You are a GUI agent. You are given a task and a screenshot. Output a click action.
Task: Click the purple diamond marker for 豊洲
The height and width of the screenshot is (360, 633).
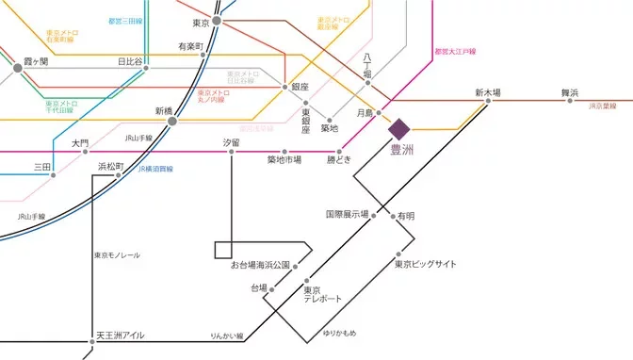pyautogui.click(x=397, y=127)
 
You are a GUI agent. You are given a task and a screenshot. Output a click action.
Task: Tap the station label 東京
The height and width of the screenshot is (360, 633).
pyautogui.click(x=200, y=23)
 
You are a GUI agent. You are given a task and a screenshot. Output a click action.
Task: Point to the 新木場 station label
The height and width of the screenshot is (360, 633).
pyautogui.click(x=487, y=92)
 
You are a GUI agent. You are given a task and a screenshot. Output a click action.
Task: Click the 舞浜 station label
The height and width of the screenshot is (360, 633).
pyautogui.click(x=571, y=92)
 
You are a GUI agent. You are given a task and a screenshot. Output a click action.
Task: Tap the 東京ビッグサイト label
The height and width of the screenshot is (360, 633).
pyautogui.click(x=425, y=265)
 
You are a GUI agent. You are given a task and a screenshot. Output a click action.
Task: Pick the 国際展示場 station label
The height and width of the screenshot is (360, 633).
pyautogui.click(x=347, y=215)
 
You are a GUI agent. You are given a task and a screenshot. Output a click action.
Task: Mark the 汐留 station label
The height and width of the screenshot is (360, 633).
pyautogui.click(x=231, y=142)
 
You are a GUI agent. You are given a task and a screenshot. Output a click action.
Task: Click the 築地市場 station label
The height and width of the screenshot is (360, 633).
pyautogui.click(x=284, y=160)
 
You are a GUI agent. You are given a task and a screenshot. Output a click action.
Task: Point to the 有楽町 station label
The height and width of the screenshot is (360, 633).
pyautogui.click(x=190, y=46)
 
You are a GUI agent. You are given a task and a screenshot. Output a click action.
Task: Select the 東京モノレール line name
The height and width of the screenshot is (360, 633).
pyautogui.click(x=117, y=255)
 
